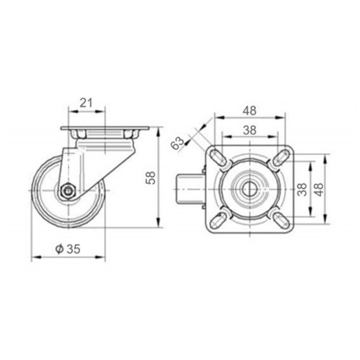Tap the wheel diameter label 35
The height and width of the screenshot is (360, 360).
(73, 249)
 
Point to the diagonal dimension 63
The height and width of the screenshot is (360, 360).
(178, 143)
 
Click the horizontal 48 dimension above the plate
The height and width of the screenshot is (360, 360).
(250, 111)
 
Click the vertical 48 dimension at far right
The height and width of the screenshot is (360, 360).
(319, 188)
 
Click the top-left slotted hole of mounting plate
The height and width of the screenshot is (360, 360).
(218, 157)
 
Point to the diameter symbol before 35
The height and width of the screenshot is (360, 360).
(59, 249)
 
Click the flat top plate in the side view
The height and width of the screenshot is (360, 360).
(105, 129)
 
